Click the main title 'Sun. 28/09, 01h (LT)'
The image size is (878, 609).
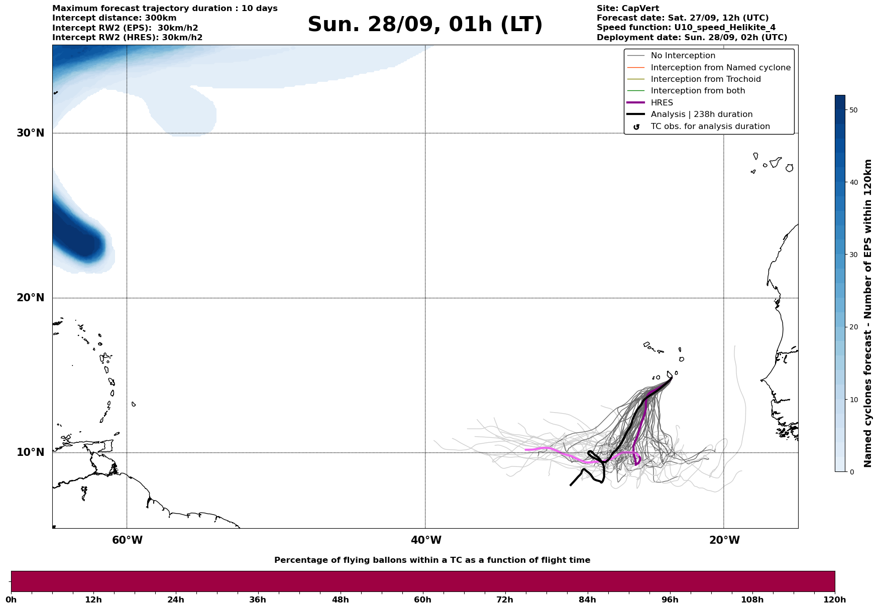(425, 25)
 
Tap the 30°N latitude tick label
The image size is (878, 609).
(31, 133)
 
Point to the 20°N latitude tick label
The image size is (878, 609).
(31, 298)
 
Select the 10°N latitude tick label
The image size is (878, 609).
(31, 452)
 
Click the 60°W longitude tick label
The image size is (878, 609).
(127, 540)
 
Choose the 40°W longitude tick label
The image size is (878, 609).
(426, 540)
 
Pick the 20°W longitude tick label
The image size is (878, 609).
(724, 540)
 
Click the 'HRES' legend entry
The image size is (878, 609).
(662, 103)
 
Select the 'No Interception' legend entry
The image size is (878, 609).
(683, 56)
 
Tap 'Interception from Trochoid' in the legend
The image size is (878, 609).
(705, 79)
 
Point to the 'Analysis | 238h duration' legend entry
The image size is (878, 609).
(701, 114)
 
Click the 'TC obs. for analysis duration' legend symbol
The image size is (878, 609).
(636, 127)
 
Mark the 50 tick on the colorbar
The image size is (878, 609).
(853, 110)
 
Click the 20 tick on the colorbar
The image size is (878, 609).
(853, 327)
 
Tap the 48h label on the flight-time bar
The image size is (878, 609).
(340, 600)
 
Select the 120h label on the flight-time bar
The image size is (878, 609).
(835, 600)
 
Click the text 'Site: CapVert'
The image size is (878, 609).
(627, 9)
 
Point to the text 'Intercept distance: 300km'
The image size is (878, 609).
(114, 18)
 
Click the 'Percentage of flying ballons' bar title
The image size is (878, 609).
(432, 560)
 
